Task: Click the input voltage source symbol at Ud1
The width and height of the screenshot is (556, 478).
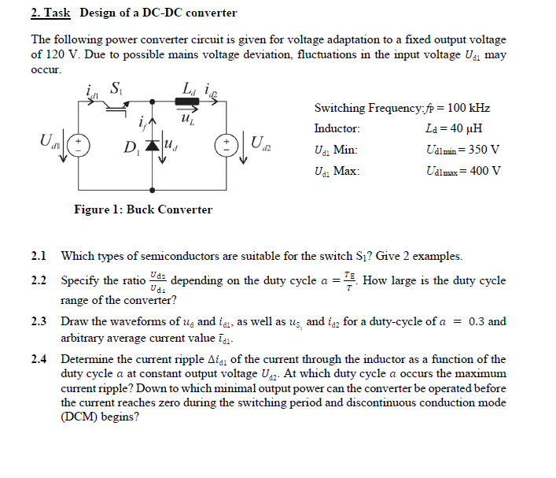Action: pyautogui.click(x=83, y=146)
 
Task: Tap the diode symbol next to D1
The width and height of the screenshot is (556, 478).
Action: pyautogui.click(x=152, y=146)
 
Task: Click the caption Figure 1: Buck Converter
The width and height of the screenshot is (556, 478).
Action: pyautogui.click(x=142, y=209)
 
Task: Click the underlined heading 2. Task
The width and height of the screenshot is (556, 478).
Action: pyautogui.click(x=50, y=13)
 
